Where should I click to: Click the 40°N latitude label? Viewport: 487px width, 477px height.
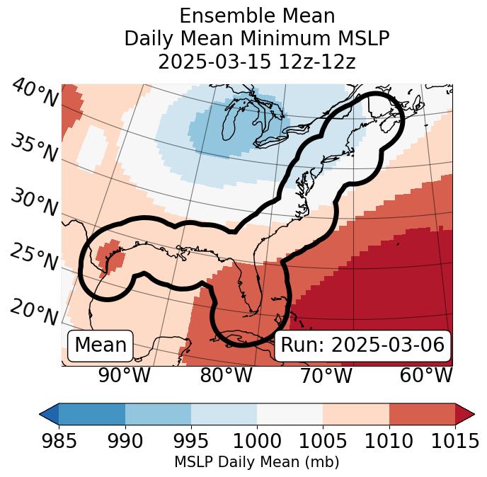35,93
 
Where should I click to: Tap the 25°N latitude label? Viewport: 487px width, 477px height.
34,257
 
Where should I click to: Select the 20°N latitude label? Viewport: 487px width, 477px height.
34,311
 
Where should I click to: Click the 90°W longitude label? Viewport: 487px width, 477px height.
124,376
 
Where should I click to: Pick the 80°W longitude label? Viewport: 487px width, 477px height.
227,376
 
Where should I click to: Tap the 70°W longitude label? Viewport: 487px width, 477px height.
326,376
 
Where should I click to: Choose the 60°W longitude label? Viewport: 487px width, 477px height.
426,376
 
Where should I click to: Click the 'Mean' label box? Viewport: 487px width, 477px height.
101,345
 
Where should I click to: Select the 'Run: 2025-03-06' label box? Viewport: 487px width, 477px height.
362,345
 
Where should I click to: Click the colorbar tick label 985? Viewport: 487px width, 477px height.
59,441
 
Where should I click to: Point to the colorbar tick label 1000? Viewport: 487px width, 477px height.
257,441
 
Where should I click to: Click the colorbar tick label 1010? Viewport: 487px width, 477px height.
389,441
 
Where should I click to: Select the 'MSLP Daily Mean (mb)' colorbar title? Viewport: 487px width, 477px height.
256,462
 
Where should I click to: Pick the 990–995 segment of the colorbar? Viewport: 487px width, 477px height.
158,414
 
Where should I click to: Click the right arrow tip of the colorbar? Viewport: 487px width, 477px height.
473,414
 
